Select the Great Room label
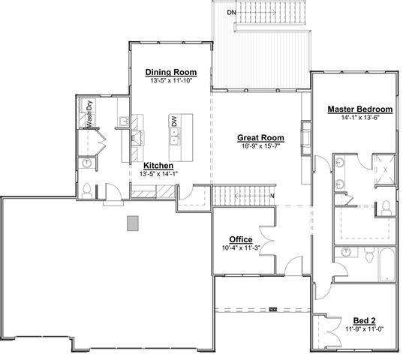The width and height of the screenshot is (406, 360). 260,137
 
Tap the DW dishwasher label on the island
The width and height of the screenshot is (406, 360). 173,120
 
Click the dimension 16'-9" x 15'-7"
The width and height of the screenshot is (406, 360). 260,146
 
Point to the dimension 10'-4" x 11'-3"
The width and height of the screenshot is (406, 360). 240,248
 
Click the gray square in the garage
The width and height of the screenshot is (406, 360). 133,223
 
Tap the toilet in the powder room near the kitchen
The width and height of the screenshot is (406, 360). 87,190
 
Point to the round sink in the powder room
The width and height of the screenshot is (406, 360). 87,161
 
